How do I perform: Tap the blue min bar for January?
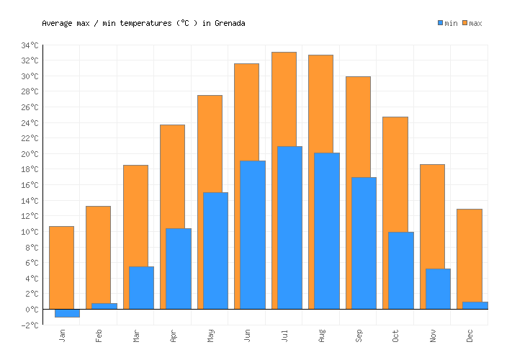[x=67, y=312]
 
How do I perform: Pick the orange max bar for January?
[x=61, y=266]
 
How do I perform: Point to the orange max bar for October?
[x=395, y=173]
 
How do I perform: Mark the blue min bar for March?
[x=141, y=287]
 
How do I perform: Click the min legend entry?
[x=447, y=24]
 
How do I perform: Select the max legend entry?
[x=472, y=24]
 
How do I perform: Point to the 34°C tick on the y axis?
[x=30, y=45]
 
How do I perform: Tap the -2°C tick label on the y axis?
[x=30, y=325]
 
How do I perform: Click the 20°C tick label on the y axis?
[x=30, y=154]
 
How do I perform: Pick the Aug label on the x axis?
[x=321, y=335]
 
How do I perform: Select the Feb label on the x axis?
[x=99, y=335]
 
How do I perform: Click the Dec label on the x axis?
[x=470, y=335]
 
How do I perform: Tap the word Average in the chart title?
[x=58, y=23]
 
